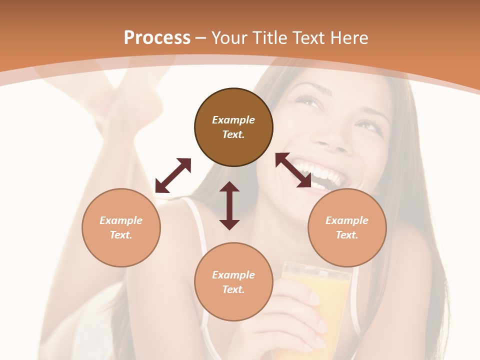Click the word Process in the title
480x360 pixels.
(x=157, y=38)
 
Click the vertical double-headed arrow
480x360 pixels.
(x=229, y=205)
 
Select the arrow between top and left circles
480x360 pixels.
(x=173, y=175)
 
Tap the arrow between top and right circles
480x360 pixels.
(x=293, y=170)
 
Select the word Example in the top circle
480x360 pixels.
(x=233, y=120)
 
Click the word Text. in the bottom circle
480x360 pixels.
(x=233, y=289)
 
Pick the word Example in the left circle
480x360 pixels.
(x=121, y=220)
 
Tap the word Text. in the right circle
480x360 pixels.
(x=347, y=235)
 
